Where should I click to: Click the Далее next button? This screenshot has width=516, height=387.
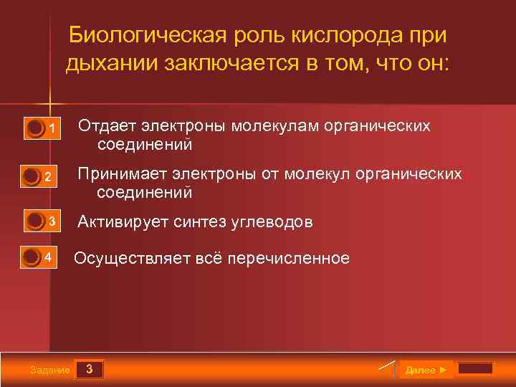[426, 369]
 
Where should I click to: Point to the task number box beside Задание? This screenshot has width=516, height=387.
[89, 369]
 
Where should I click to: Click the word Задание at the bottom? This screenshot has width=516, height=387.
[50, 370]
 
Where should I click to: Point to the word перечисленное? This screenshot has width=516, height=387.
[288, 258]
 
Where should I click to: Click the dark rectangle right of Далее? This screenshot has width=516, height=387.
[475, 368]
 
